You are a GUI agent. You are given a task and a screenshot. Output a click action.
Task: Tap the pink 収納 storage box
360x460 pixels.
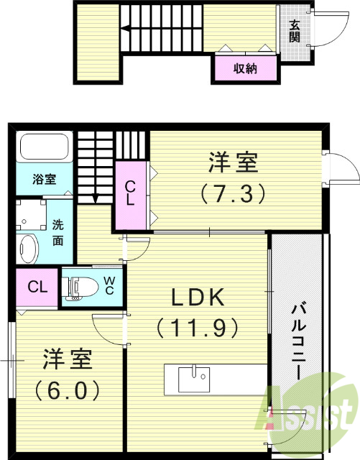(x=244, y=69)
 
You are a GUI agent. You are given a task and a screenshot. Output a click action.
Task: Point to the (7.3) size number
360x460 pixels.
(x=234, y=193)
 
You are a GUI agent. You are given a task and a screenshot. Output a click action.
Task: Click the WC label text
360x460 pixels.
(x=109, y=286)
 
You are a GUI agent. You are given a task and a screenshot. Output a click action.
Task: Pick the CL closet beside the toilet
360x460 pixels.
(x=37, y=287)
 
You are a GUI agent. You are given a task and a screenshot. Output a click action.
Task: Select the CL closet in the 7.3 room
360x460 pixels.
(x=130, y=193)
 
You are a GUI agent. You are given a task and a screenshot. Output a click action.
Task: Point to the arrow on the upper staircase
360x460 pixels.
(x=126, y=29)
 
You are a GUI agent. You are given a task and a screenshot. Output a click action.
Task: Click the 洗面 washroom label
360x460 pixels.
(x=57, y=233)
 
